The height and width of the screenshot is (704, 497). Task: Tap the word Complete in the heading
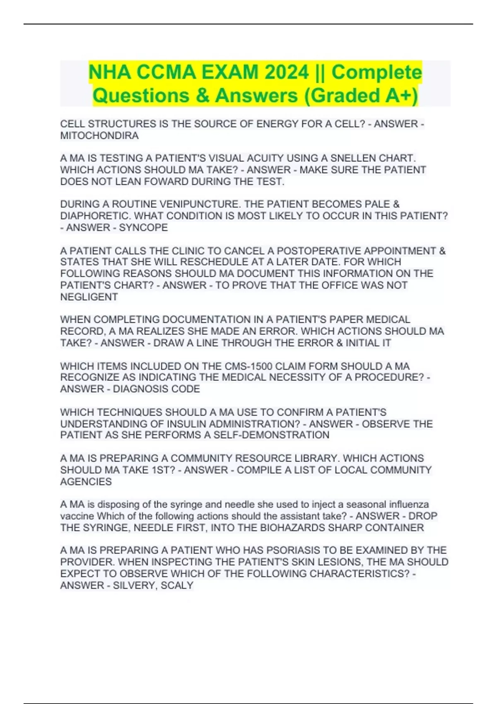[376, 73]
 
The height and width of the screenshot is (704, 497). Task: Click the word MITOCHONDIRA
[99, 136]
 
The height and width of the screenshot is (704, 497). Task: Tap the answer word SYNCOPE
[143, 228]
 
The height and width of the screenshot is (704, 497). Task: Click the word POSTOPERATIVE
[321, 251]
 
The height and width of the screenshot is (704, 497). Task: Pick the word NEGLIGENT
[89, 297]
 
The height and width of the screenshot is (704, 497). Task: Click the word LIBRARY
[317, 458]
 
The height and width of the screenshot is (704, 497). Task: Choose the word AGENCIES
[86, 482]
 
